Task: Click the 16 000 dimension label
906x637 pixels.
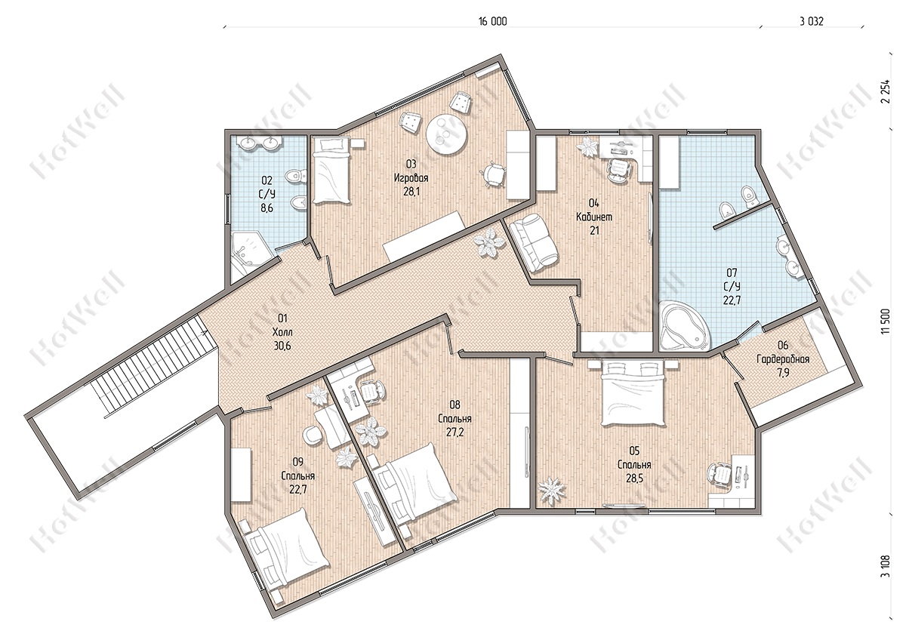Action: pos(492,21)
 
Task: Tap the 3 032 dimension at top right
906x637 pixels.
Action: pos(812,21)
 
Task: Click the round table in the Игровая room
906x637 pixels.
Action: pos(446,134)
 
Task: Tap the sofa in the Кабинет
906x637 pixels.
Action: pos(534,243)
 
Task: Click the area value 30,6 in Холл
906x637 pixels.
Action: pos(282,346)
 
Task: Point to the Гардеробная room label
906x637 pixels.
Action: pos(783,359)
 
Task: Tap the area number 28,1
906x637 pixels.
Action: pos(411,191)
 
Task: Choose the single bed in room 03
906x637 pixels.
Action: pos(331,171)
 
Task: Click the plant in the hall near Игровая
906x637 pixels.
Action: pos(490,242)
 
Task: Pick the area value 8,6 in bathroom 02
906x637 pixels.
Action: pos(267,208)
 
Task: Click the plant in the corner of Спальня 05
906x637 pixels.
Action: pos(551,491)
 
